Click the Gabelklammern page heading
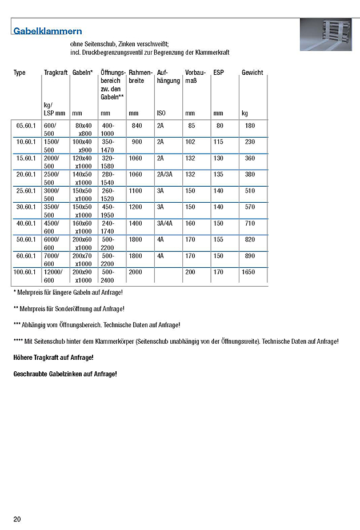pyautogui.click(x=47, y=31)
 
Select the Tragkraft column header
pyautogui.click(x=55, y=73)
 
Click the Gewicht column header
pyautogui.click(x=252, y=73)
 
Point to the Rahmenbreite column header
pyautogui.click(x=140, y=77)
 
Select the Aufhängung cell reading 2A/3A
pyautogui.click(x=165, y=174)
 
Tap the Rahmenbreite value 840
pyautogui.click(x=137, y=125)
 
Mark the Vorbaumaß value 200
pyautogui.click(x=190, y=272)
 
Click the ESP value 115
pyautogui.click(x=218, y=142)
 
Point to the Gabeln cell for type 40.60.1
pyautogui.click(x=83, y=227)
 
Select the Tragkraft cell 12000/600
pyautogui.click(x=53, y=276)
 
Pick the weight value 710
pyautogui.click(x=250, y=223)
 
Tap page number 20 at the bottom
pyautogui.click(x=17, y=519)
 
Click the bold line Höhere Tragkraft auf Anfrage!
pyautogui.click(x=53, y=358)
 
